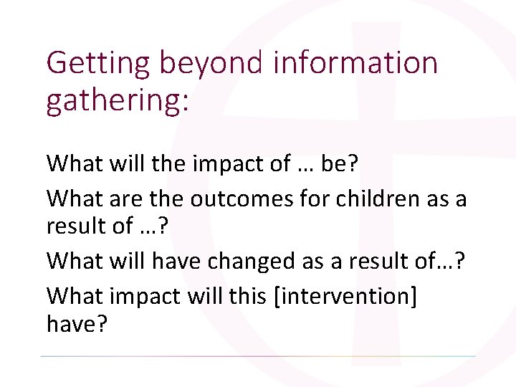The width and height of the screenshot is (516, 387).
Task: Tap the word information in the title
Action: tap(355, 63)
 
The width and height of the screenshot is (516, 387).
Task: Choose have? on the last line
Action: tap(77, 325)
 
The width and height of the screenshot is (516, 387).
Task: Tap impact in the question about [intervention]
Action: tap(148, 295)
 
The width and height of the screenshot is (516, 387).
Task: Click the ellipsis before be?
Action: tap(303, 165)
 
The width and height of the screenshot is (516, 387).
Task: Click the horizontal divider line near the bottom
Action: tap(258, 355)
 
